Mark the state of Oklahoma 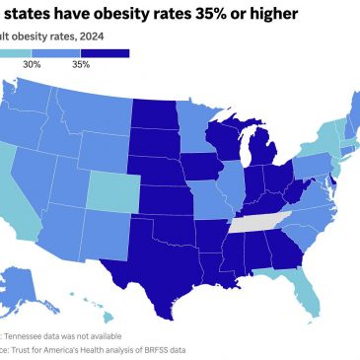(x=178, y=226)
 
